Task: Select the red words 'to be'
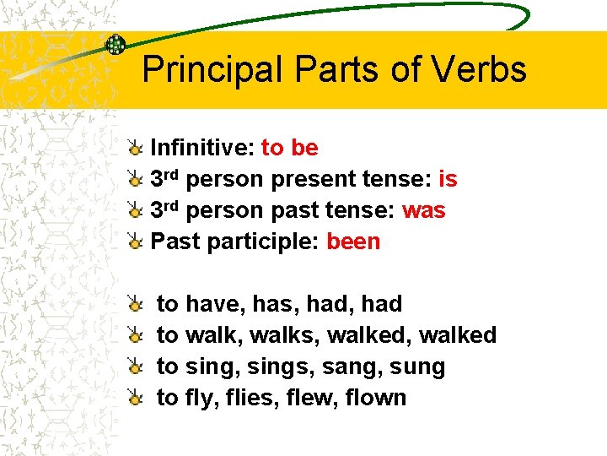coord(290,148)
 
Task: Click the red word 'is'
coord(449,179)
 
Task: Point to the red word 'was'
coord(424,210)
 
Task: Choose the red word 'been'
coord(354,242)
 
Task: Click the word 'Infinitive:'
coord(202,148)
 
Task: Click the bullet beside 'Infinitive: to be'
coord(135,149)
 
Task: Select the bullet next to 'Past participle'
coord(135,242)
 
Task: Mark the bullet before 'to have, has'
coord(135,304)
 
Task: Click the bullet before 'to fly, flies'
coord(135,398)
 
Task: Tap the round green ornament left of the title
coord(115,44)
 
